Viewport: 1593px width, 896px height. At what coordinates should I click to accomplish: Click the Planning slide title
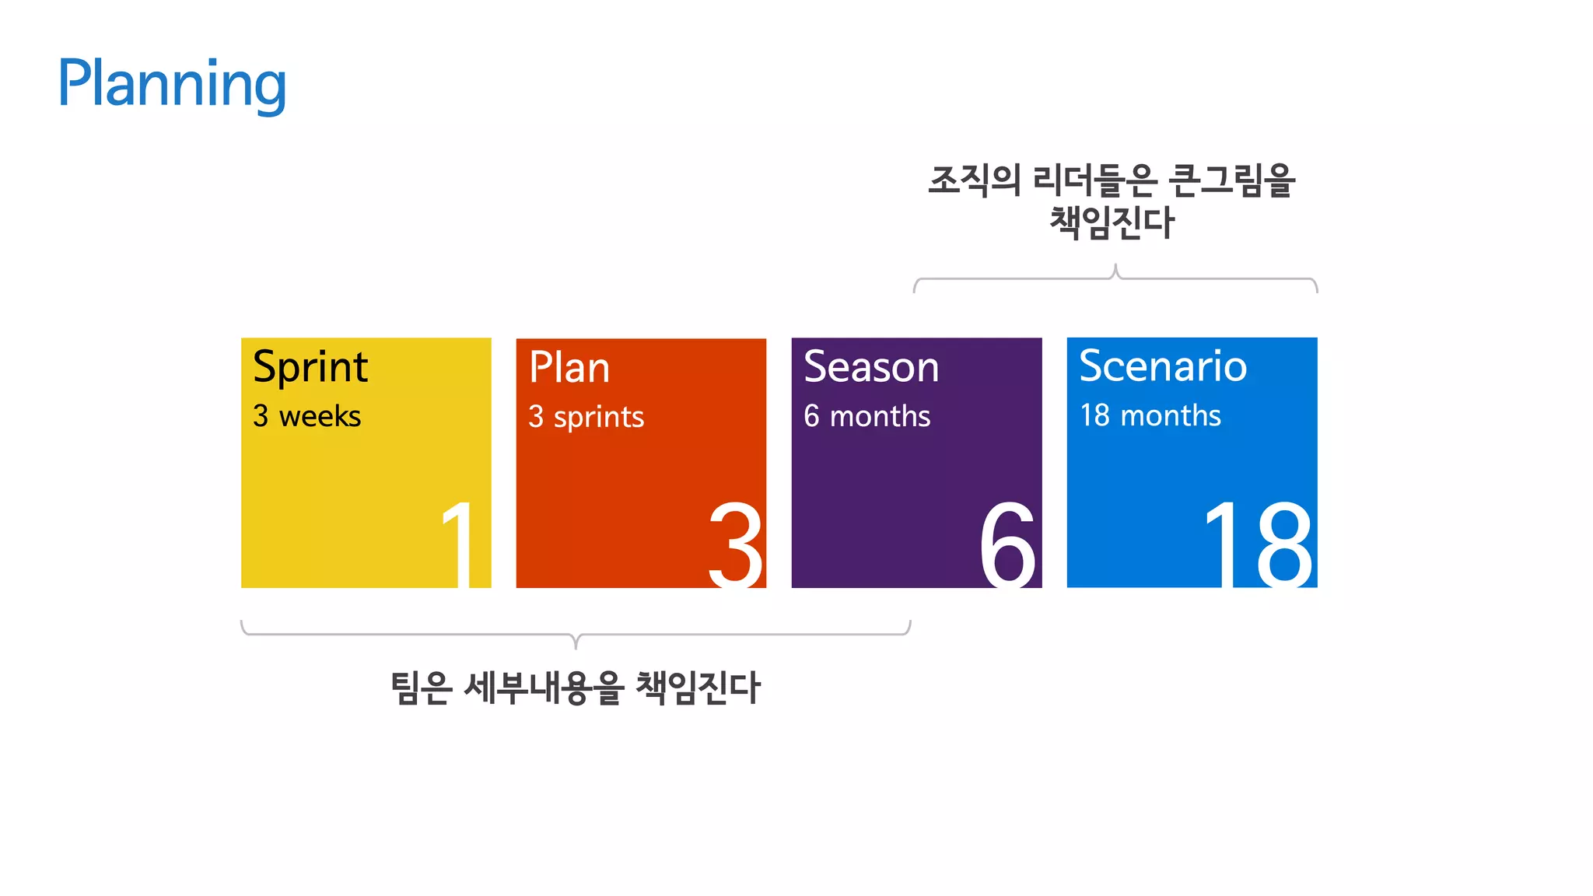click(172, 84)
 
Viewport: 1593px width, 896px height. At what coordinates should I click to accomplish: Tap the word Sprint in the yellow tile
click(310, 367)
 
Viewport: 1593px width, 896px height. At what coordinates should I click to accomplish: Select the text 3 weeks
click(306, 416)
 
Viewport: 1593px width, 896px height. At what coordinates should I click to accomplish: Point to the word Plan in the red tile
click(569, 367)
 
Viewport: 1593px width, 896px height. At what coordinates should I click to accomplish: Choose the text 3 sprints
click(586, 417)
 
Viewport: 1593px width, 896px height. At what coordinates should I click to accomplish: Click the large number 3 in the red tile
click(735, 544)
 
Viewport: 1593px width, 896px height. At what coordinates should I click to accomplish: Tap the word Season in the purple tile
click(871, 366)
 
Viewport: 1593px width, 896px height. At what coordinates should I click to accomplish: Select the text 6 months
click(867, 416)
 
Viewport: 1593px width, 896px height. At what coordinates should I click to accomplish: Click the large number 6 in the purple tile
click(1008, 544)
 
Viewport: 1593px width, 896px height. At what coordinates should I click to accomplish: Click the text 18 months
click(1150, 415)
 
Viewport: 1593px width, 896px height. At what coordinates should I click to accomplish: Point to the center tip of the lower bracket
click(576, 645)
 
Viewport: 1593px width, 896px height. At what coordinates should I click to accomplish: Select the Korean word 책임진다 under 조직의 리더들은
click(1112, 222)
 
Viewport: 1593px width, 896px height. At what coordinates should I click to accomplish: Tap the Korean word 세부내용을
click(544, 688)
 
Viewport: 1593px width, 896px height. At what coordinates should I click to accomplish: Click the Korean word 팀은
click(421, 688)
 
